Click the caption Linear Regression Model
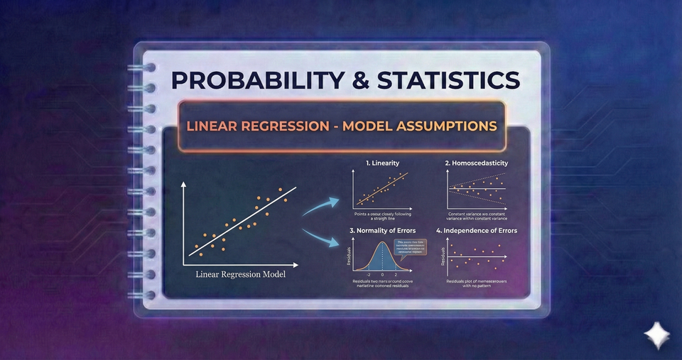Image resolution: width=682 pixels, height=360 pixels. click(241, 275)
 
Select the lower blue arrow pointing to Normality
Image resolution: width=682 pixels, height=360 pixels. click(319, 237)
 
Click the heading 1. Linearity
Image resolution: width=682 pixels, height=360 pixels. click(382, 163)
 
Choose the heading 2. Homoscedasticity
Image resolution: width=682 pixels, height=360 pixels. click(477, 163)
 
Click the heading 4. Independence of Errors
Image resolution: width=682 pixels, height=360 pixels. click(477, 230)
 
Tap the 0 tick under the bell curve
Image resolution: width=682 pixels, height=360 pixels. click(382, 273)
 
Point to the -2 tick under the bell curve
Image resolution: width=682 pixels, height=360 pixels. click(368, 273)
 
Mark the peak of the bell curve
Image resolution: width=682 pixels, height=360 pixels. click(382, 244)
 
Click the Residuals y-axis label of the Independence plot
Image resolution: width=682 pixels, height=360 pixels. click(443, 256)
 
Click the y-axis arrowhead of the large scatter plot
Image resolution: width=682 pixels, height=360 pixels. click(185, 183)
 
